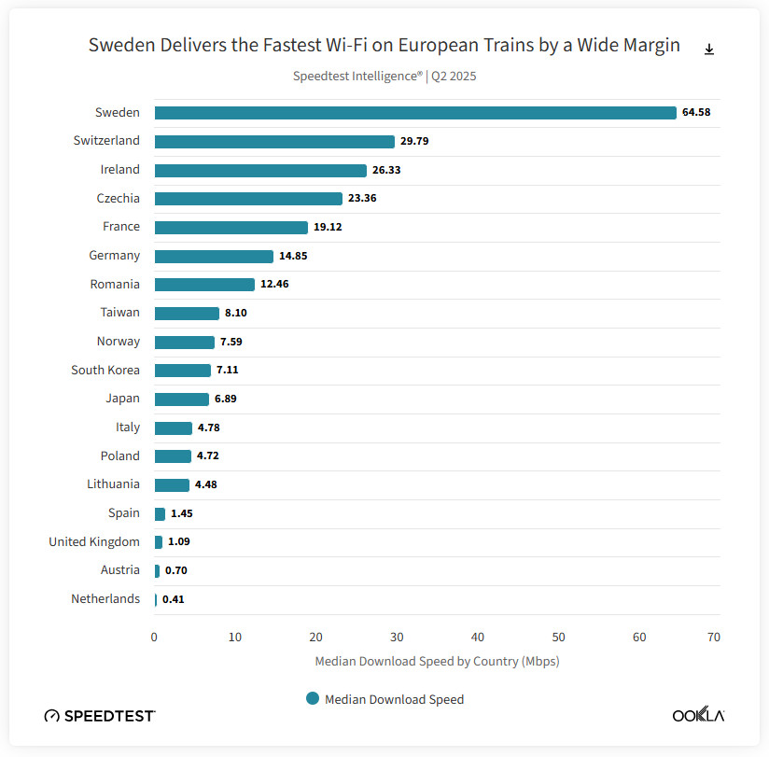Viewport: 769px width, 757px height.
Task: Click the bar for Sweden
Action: [x=415, y=113]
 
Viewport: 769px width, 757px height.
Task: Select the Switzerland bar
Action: [x=274, y=142]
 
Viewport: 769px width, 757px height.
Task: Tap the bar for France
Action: [x=231, y=228]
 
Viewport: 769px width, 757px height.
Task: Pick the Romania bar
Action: [x=204, y=285]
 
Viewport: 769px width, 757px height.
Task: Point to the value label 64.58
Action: [x=696, y=112]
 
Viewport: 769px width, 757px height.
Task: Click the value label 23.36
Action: [x=362, y=199]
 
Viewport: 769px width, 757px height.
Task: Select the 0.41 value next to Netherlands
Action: [x=174, y=599]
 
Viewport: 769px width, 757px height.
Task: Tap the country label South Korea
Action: [x=105, y=370]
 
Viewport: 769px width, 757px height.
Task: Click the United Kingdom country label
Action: [x=94, y=542]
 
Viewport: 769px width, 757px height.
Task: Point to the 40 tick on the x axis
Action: [x=478, y=638]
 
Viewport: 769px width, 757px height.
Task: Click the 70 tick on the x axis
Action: [x=713, y=638]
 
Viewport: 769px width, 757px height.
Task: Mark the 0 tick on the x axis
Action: [x=154, y=638]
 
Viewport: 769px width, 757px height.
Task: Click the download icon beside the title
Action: [x=709, y=49]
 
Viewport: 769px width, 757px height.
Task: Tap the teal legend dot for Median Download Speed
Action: [x=313, y=698]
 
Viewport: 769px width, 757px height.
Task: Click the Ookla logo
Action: [x=698, y=715]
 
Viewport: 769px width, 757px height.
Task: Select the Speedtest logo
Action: [x=100, y=716]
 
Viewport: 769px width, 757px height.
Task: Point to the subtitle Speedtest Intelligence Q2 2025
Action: [x=384, y=77]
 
